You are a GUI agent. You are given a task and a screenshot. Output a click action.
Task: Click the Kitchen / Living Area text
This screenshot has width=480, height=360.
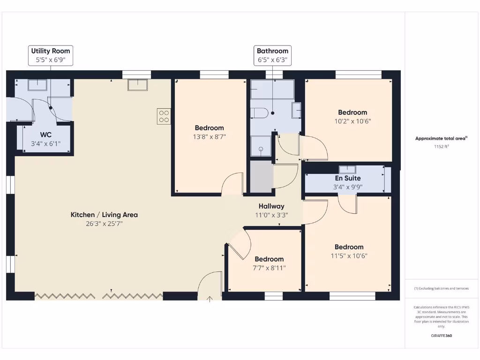pyautogui.click(x=104, y=215)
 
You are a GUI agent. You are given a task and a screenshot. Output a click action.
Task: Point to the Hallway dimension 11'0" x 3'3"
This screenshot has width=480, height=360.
pyautogui.click(x=271, y=215)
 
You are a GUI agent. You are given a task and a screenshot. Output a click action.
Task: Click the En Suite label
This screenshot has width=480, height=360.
pyautogui.click(x=347, y=178)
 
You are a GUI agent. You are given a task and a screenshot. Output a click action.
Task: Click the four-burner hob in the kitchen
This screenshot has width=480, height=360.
pyautogui.click(x=164, y=116)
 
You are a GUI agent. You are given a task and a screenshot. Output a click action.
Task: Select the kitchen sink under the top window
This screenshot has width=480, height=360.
pyautogui.click(x=138, y=84)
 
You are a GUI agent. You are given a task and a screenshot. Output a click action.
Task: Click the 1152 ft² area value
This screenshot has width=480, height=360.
pyautogui.click(x=441, y=146)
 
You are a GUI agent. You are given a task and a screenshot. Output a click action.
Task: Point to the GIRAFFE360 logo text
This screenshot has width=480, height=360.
pyautogui.click(x=441, y=336)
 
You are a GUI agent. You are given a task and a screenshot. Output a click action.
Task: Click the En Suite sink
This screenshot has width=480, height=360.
pyautogui.click(x=347, y=169)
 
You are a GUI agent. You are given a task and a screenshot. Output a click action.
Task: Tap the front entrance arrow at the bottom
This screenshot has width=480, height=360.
pyautogui.click(x=210, y=297)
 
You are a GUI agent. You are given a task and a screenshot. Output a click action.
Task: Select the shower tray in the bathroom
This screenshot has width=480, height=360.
pyautogui.click(x=261, y=146)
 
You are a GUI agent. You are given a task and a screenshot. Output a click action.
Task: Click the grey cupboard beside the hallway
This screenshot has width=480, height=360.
pyautogui.click(x=261, y=176)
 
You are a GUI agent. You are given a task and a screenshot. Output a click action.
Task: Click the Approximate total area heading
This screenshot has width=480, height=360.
pyautogui.click(x=441, y=138)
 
